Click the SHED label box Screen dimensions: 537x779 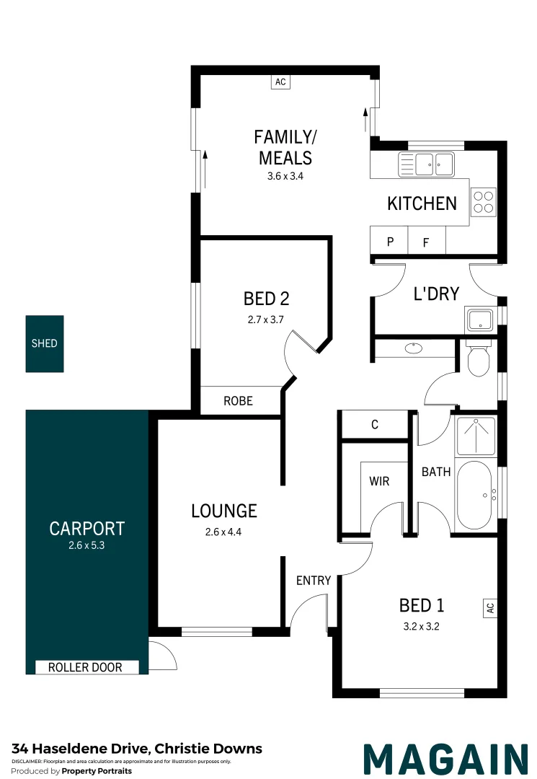point(45,343)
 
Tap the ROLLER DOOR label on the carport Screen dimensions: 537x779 point(85,667)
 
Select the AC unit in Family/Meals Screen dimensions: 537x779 point(280,82)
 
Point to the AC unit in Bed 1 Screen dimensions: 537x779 point(490,607)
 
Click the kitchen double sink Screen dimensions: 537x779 point(426,164)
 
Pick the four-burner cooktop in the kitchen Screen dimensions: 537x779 point(484,202)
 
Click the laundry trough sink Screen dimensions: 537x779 point(480,320)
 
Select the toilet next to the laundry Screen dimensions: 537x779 point(479,358)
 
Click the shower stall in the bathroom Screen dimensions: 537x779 point(476,436)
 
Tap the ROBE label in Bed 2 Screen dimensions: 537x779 point(238,400)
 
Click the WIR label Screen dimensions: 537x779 point(379,481)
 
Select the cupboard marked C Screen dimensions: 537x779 point(375,424)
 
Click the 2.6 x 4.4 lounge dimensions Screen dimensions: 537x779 point(223,532)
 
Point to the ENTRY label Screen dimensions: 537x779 point(314,580)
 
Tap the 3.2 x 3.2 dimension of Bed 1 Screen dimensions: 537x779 point(422,627)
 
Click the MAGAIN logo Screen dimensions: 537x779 point(445,759)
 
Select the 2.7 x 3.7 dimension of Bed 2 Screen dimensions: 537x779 point(265,320)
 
